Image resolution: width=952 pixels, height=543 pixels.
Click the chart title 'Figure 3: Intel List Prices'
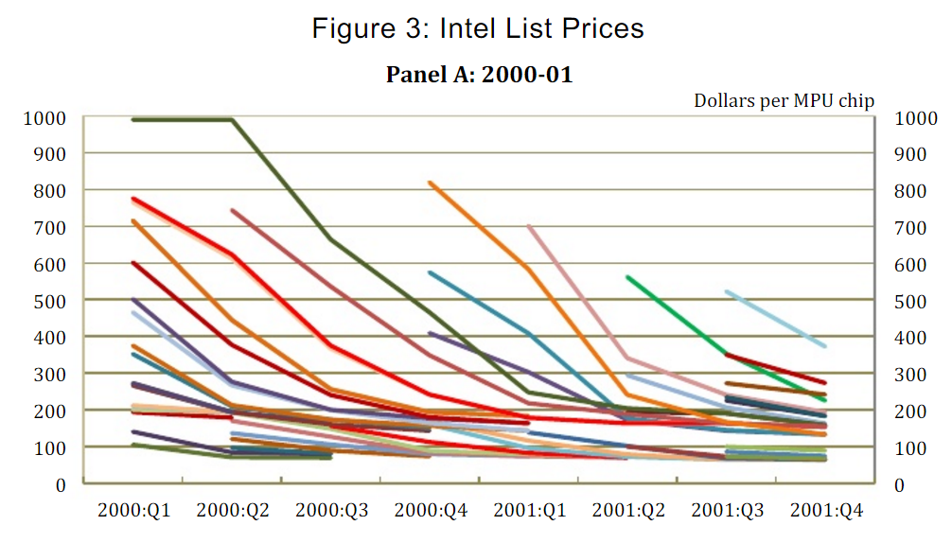(x=478, y=28)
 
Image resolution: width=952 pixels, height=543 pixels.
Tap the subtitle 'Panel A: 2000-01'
(x=479, y=74)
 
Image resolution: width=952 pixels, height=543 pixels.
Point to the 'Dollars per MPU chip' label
(x=784, y=100)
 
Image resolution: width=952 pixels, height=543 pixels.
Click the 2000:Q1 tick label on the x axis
(x=134, y=510)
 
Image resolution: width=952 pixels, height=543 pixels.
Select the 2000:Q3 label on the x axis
(x=332, y=510)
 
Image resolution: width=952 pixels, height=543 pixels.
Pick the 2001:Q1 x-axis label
(x=530, y=510)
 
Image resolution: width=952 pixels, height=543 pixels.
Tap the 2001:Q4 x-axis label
(x=824, y=510)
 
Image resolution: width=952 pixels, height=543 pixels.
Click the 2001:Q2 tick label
(x=628, y=510)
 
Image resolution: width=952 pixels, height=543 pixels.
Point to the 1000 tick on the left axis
(x=46, y=118)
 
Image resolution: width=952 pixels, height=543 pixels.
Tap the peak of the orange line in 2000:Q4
(x=432, y=183)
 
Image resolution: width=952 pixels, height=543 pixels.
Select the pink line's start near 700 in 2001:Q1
(x=529, y=227)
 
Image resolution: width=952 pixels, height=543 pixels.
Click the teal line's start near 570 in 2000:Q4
(x=432, y=273)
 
